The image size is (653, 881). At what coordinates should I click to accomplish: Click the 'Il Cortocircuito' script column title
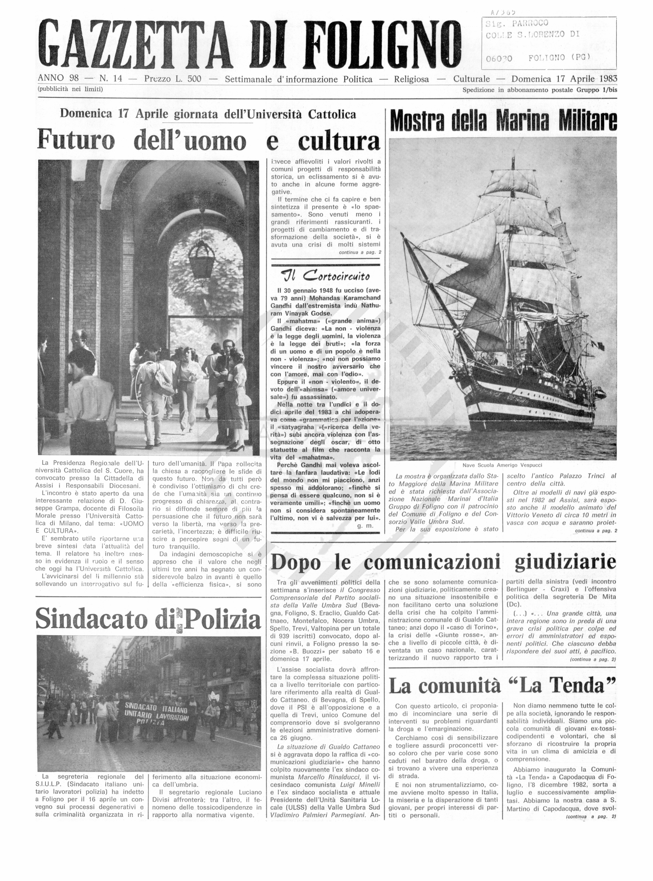[325, 275]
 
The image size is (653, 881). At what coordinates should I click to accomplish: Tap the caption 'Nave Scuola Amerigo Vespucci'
[502, 465]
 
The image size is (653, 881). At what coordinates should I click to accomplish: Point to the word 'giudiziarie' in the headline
[565, 562]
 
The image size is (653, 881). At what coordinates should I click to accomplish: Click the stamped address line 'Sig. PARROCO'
[517, 24]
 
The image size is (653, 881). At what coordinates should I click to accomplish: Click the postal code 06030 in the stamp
[499, 59]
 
